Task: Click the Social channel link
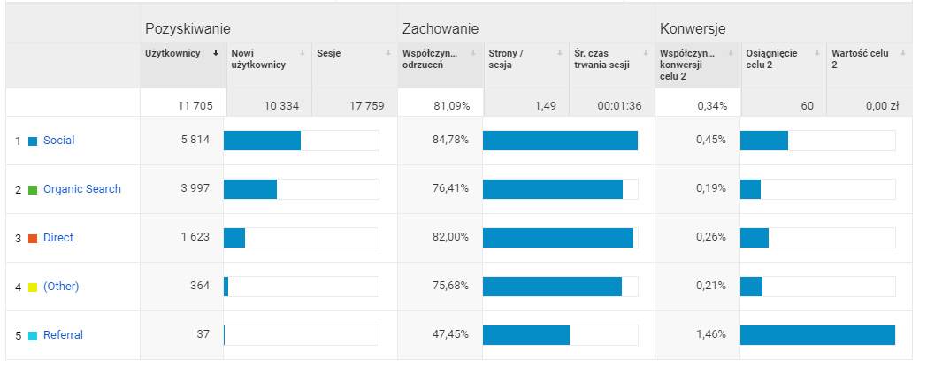[x=58, y=141]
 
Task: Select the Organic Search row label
[x=81, y=189]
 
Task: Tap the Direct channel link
[x=58, y=238]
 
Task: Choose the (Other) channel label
[x=61, y=287]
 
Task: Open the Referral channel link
[x=63, y=335]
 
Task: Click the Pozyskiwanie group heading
[x=181, y=28]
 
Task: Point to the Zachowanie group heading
[x=441, y=28]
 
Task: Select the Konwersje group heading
[x=693, y=28]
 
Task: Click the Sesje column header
[x=329, y=53]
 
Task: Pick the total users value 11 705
[x=195, y=106]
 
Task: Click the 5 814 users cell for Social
[x=195, y=141]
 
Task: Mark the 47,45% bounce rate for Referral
[x=450, y=335]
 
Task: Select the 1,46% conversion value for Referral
[x=711, y=335]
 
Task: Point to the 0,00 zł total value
[x=882, y=106]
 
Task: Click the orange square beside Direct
[x=33, y=239]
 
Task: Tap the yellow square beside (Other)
[x=33, y=287]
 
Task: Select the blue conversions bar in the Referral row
[x=817, y=335]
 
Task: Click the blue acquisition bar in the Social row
[x=262, y=141]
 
